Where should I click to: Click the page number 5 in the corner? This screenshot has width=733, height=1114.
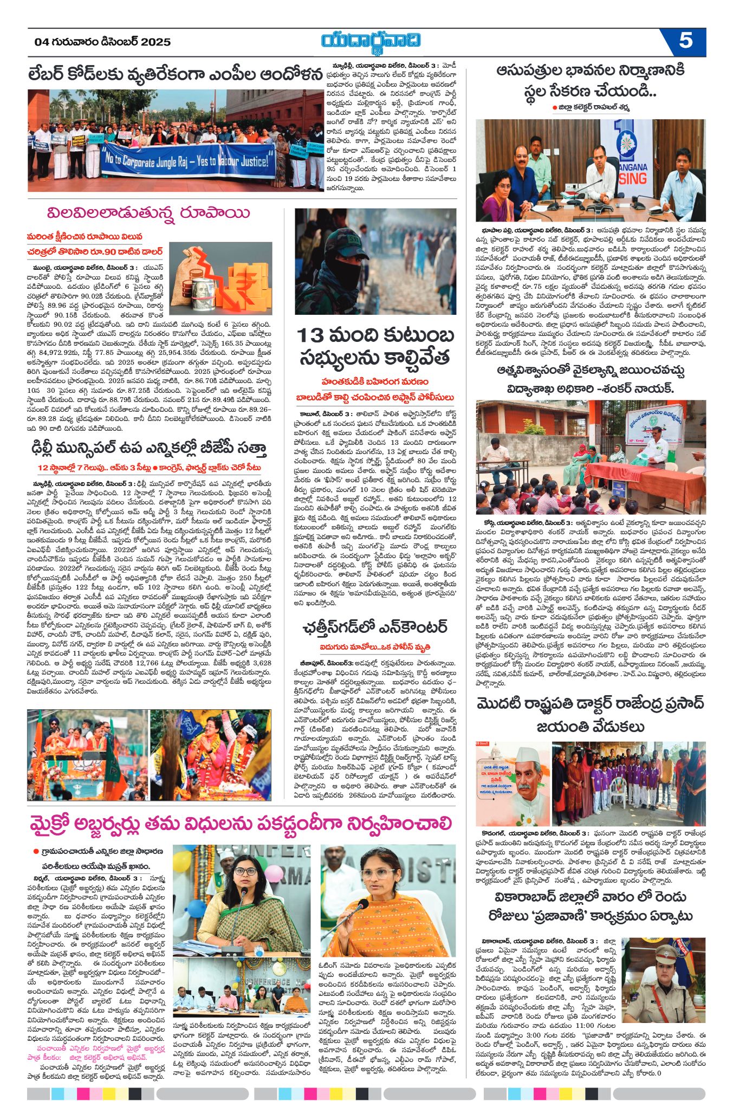685,41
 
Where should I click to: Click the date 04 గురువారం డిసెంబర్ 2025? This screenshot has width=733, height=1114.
102,42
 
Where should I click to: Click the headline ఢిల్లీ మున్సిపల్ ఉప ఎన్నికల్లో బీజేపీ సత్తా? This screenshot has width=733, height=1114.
147,448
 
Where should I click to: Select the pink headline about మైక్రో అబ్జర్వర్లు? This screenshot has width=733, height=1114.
241,823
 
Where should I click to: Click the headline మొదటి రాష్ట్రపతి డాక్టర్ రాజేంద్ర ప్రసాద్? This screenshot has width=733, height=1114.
591,704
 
